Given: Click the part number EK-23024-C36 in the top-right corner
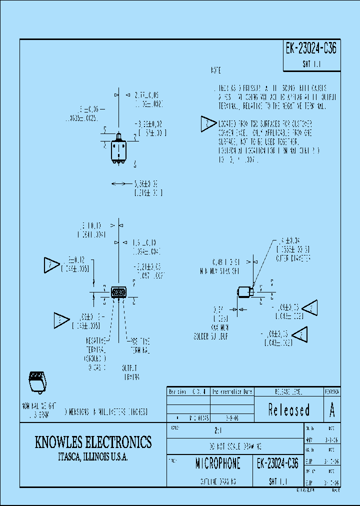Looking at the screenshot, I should [x=311, y=48].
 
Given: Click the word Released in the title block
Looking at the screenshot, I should [x=289, y=410].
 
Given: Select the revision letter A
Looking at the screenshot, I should [x=332, y=410].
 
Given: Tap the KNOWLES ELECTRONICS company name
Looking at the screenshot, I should [x=93, y=442].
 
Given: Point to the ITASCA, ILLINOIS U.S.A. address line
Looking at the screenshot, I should [x=93, y=457].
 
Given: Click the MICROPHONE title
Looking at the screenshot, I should [x=217, y=463].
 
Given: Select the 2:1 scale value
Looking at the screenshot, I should [x=215, y=429].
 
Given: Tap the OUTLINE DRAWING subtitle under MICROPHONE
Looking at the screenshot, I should [x=217, y=481].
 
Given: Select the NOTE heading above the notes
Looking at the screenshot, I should [x=216, y=71].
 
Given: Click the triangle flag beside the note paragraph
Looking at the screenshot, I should [x=207, y=124].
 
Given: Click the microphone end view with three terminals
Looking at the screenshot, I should [x=118, y=292].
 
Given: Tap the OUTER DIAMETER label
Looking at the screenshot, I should [x=293, y=258].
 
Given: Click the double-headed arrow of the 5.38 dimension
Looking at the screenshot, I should [x=118, y=184].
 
